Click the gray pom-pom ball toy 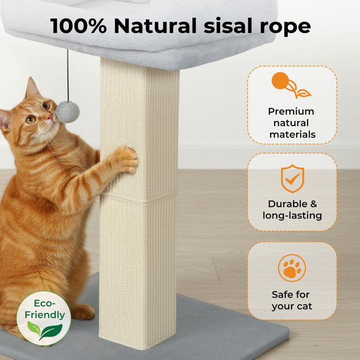pos(68,112)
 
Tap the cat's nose pos(51,117)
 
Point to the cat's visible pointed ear pos(32,88)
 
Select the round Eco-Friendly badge pos(44,318)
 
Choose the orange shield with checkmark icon pos(292,179)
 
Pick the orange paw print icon pos(292,268)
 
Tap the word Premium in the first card pos(291,111)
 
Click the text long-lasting pos(292,215)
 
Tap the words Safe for pos(291,295)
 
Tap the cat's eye pos(31,119)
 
